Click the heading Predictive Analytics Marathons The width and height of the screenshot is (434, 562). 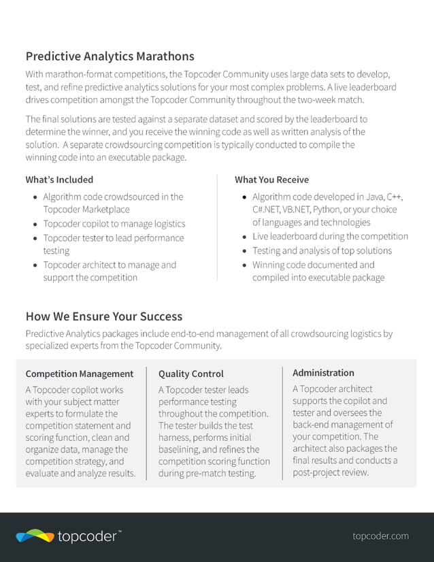[x=110, y=56]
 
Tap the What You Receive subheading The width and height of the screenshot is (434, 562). [x=271, y=180]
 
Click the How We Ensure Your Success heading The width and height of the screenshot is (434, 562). [x=103, y=316]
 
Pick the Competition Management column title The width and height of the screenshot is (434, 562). [x=79, y=374]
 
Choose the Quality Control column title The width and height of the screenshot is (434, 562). [x=190, y=374]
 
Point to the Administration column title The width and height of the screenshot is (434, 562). [x=323, y=373]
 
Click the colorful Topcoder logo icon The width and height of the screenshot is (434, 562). [x=35, y=536]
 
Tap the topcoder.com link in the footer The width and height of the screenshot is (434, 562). [x=380, y=535]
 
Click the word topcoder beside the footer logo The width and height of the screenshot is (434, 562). [x=87, y=536]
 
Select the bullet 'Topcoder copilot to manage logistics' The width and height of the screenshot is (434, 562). [x=114, y=224]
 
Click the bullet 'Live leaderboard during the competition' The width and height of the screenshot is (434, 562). [x=330, y=237]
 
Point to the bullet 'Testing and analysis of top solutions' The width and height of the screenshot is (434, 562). [x=322, y=251]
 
